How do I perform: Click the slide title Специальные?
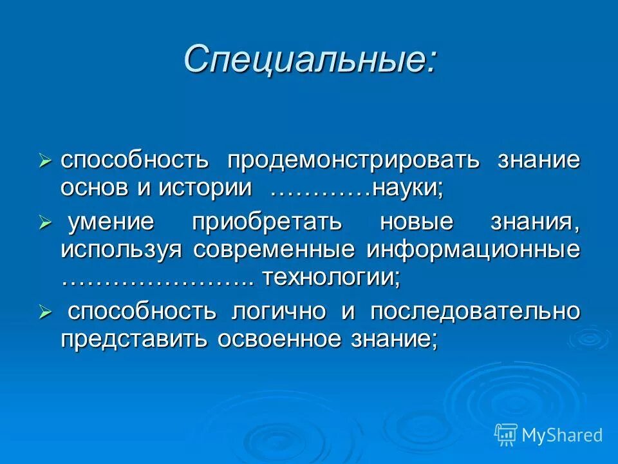click(x=310, y=60)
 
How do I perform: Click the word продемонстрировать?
click(x=352, y=160)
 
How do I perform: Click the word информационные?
click(x=474, y=250)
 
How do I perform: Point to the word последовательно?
click(x=474, y=312)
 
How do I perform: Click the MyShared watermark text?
click(x=562, y=435)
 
